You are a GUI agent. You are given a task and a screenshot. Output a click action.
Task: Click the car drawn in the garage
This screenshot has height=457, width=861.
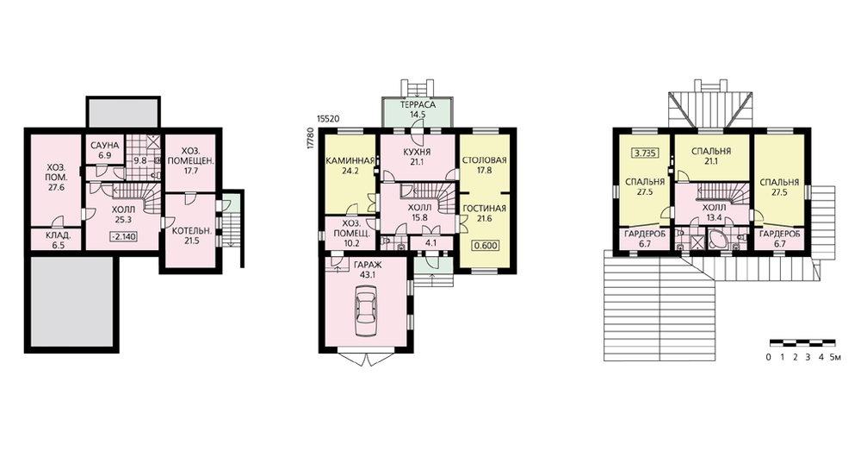(x=365, y=313)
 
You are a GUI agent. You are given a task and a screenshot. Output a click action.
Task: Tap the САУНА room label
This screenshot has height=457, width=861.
(x=104, y=146)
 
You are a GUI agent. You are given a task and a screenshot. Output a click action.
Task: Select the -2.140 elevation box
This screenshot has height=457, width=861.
(x=124, y=236)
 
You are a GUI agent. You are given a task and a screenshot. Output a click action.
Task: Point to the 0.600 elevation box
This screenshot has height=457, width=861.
(x=486, y=245)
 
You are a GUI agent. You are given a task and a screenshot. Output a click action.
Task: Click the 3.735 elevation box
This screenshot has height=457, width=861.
(x=646, y=153)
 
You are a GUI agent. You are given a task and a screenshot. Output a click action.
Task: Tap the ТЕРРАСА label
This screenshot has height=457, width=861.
(x=418, y=105)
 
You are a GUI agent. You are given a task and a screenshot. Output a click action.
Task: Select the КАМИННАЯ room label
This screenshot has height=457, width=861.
(x=350, y=161)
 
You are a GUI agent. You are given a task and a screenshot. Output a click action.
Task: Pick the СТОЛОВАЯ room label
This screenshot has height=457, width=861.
(x=484, y=160)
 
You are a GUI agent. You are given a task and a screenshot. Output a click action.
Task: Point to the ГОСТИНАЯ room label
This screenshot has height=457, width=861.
(x=484, y=209)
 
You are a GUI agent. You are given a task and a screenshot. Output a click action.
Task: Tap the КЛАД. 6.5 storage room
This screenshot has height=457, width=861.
(x=55, y=240)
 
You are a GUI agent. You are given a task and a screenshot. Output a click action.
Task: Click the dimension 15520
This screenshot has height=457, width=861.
(x=329, y=118)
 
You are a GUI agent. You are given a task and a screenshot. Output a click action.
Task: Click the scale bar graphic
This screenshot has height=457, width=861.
(x=802, y=343)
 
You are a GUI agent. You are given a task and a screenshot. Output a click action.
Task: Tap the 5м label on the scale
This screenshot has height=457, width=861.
(x=835, y=358)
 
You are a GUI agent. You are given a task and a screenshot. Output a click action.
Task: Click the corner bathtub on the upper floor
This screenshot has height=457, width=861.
(x=718, y=239)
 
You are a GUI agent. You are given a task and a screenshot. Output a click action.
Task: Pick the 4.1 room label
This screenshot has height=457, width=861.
(x=431, y=242)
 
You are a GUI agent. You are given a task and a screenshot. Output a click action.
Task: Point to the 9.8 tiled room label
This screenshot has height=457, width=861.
(x=140, y=161)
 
